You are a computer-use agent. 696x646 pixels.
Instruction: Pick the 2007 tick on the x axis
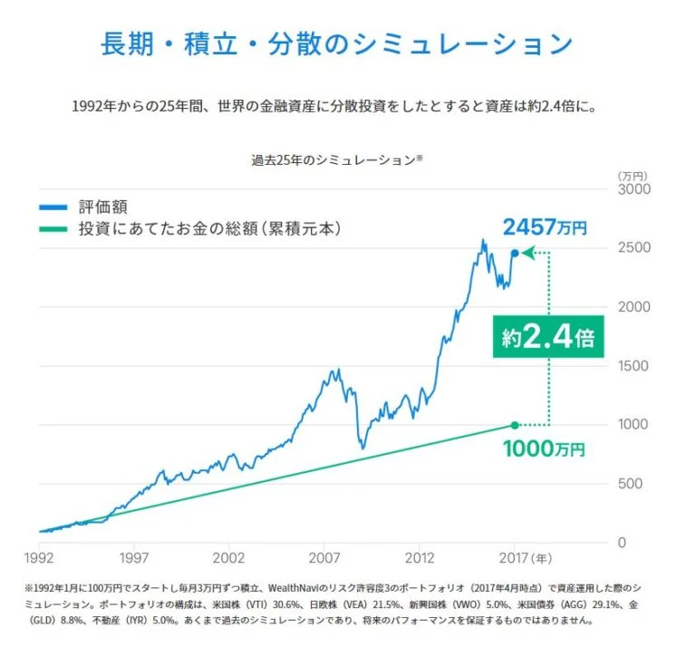pos(324,558)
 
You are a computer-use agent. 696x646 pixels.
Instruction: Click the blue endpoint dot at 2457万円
pos(515,254)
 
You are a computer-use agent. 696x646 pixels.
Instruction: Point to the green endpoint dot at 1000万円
pos(515,425)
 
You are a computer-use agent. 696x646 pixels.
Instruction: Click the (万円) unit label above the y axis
pos(632,175)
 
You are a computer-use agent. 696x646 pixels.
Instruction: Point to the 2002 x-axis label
pos(228,558)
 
